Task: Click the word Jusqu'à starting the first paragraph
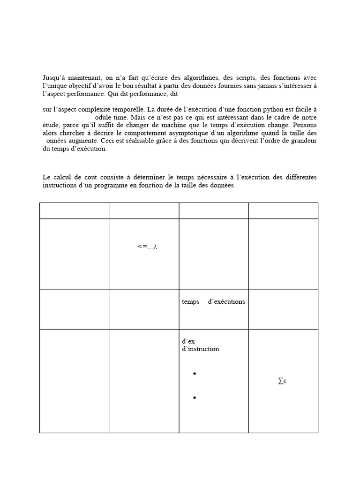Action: pyautogui.click(x=53, y=77)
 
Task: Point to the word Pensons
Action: pyautogui.click(x=305, y=125)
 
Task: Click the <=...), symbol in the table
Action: pyautogui.click(x=147, y=247)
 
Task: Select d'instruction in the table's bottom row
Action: pyautogui.click(x=200, y=349)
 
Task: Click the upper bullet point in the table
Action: pyautogui.click(x=194, y=374)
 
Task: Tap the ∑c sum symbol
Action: pyautogui.click(x=282, y=382)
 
